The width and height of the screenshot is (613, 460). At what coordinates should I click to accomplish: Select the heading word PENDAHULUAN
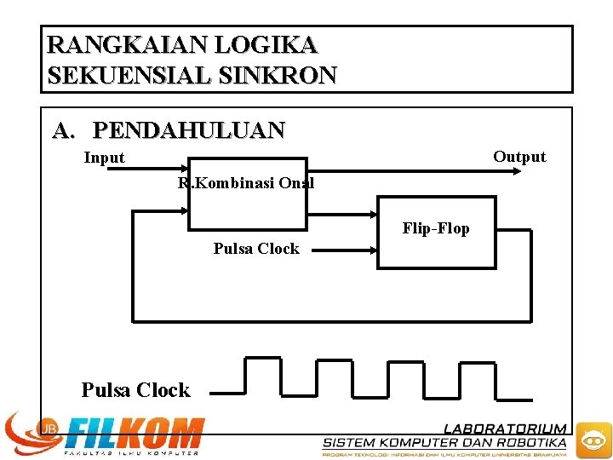[x=189, y=130]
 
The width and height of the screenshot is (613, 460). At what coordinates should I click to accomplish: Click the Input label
[x=104, y=158]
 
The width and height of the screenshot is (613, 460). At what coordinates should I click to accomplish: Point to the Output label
[x=519, y=157]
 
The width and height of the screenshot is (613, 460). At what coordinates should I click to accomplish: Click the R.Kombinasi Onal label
[x=246, y=183]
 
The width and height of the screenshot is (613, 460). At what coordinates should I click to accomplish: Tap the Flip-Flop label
[x=435, y=228]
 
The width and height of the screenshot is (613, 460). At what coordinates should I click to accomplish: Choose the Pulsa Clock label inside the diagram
[x=256, y=249]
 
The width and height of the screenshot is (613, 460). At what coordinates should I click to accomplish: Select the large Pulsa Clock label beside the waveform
[x=135, y=390]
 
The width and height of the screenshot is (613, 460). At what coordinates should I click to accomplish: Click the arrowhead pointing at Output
[x=515, y=170]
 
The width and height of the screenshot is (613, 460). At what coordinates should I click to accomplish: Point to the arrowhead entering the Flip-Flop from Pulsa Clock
[x=372, y=250]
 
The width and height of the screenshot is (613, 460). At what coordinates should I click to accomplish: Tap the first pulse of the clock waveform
[x=262, y=376]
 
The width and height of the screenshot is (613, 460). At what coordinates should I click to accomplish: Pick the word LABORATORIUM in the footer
[x=505, y=428]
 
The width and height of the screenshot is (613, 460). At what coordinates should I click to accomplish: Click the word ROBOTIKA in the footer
[x=532, y=442]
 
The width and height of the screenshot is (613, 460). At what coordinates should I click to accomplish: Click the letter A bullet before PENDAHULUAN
[x=62, y=130]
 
